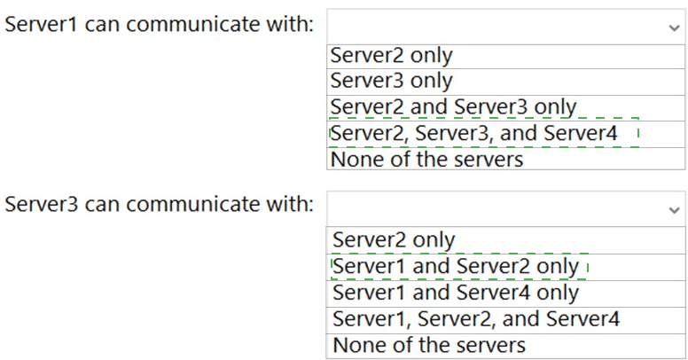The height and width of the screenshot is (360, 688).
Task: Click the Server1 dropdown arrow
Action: (674, 28)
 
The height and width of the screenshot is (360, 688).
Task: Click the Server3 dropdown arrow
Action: (674, 210)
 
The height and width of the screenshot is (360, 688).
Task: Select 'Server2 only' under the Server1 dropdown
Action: (391, 56)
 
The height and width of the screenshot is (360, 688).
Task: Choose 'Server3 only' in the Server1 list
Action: (391, 81)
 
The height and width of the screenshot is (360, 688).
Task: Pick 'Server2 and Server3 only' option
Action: (453, 107)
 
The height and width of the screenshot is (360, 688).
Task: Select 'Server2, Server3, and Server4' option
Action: (473, 133)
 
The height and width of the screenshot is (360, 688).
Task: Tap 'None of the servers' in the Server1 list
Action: (427, 159)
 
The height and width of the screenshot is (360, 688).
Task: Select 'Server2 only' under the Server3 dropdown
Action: (394, 240)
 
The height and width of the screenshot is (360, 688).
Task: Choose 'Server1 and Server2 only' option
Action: (456, 267)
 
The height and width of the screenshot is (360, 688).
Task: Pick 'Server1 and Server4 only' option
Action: (456, 293)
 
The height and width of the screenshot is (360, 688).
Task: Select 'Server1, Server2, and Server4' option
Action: (476, 319)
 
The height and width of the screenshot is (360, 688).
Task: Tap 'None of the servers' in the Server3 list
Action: (429, 345)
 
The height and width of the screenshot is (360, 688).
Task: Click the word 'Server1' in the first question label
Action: (42, 24)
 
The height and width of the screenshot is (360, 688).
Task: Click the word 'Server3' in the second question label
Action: (42, 204)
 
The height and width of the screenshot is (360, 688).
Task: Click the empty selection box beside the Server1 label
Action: (506, 27)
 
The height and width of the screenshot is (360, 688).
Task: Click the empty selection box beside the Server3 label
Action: (506, 209)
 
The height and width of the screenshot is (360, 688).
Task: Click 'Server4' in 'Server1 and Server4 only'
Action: (493, 293)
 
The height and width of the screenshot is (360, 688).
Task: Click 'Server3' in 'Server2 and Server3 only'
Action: (490, 107)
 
